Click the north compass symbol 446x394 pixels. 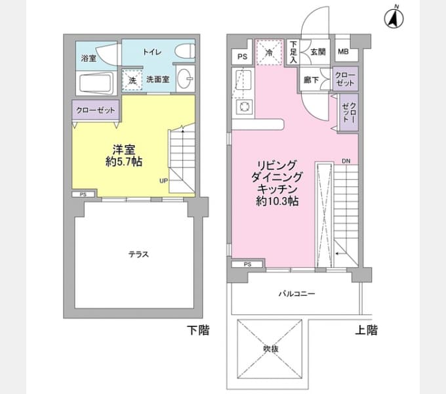click(394, 18)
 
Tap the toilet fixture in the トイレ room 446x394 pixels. click(185, 51)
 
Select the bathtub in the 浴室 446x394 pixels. click(95, 83)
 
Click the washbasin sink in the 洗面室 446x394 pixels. click(185, 79)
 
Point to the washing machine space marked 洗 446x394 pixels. click(132, 80)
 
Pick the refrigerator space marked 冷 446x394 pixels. click(269, 53)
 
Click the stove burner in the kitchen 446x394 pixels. click(244, 107)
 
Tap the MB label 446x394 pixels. click(343, 51)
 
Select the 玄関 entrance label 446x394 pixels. click(317, 52)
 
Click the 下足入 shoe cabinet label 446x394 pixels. click(293, 52)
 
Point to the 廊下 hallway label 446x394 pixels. click(311, 80)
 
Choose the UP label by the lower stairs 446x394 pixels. click(163, 181)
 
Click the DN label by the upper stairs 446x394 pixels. click(346, 161)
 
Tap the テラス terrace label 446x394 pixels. click(139, 254)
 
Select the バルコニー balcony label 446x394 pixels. click(296, 294)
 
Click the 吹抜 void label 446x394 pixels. click(270, 349)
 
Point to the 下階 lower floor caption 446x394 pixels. click(198, 330)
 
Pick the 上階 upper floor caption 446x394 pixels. click(367, 330)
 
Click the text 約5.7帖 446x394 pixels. click(124, 162)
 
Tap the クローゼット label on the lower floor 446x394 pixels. click(96, 110)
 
